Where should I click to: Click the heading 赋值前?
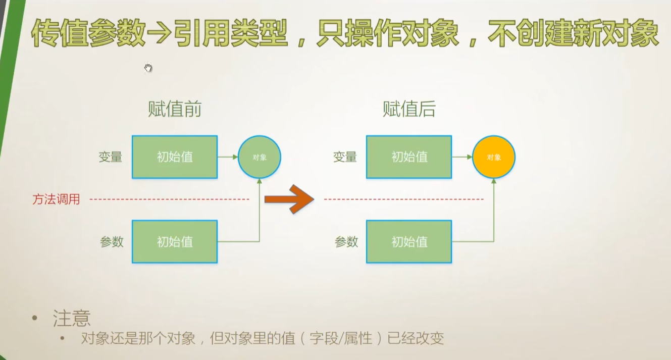click(x=174, y=109)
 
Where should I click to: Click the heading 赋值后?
click(x=409, y=109)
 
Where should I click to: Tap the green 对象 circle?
click(x=259, y=157)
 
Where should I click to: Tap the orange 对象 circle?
click(x=494, y=157)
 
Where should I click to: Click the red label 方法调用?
click(x=56, y=199)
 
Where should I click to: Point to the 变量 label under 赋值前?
click(x=111, y=157)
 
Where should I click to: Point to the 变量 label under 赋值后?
click(x=345, y=157)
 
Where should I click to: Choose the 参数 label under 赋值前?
click(x=112, y=242)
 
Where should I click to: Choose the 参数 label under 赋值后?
click(x=346, y=242)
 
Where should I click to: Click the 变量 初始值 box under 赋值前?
click(x=175, y=157)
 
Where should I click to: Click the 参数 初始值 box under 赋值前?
click(x=175, y=242)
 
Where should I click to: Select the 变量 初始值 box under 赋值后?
click(x=409, y=157)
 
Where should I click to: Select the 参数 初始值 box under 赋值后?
click(x=409, y=242)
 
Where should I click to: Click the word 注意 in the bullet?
click(x=72, y=318)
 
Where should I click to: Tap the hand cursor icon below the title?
click(x=148, y=68)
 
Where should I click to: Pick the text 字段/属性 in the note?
click(x=345, y=338)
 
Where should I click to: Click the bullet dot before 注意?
click(x=34, y=318)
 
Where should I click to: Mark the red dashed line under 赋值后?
click(x=404, y=199)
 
